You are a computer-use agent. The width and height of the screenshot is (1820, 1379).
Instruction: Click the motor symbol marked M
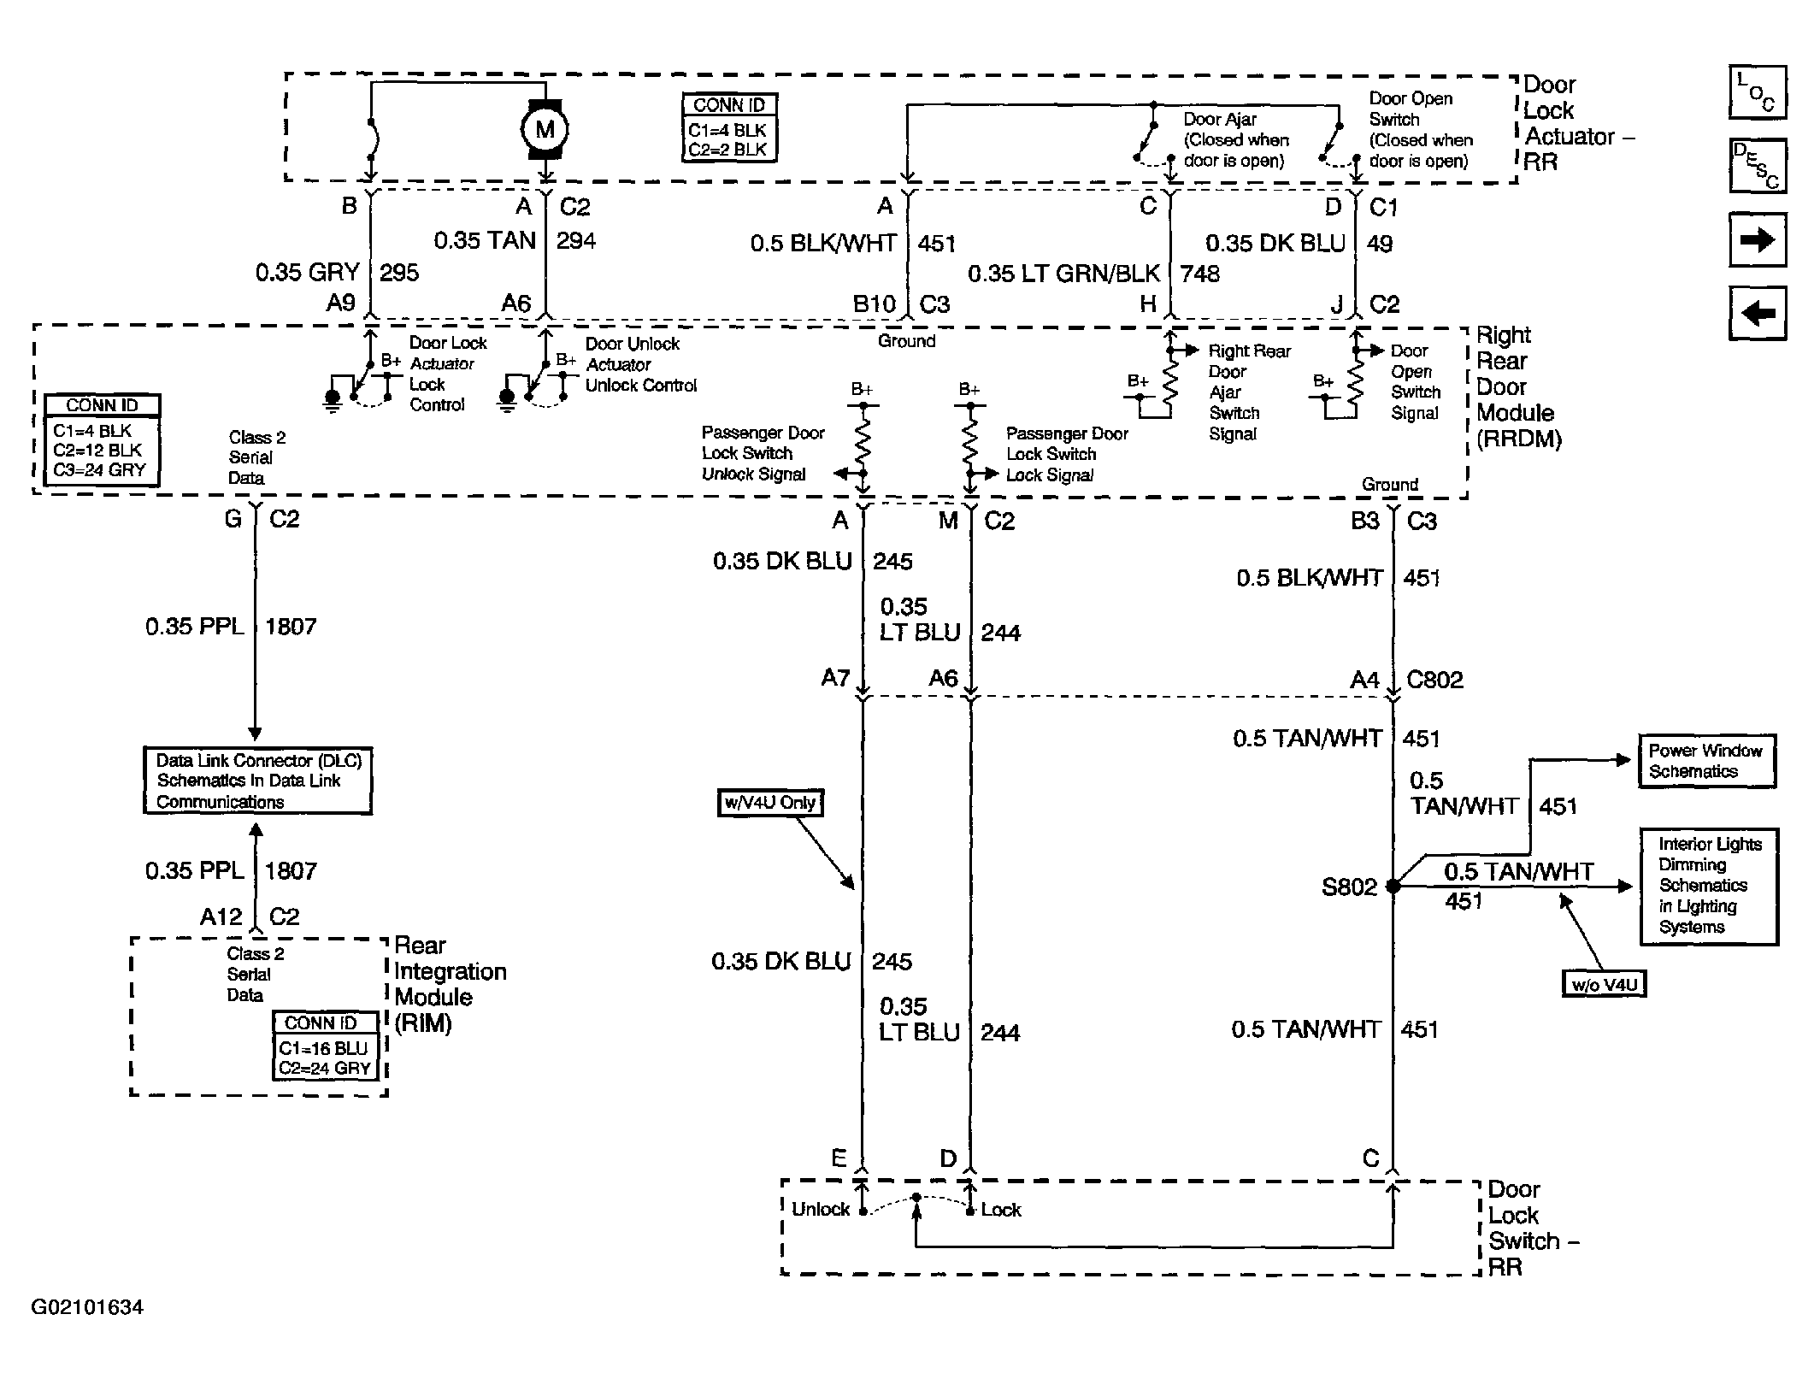pos(545,129)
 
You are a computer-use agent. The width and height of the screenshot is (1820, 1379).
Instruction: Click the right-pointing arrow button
pos(1758,240)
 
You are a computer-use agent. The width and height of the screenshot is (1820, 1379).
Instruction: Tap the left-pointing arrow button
pos(1758,314)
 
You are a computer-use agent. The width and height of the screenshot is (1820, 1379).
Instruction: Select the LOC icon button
pos(1758,92)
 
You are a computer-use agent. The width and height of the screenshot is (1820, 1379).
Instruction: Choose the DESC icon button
pos(1758,166)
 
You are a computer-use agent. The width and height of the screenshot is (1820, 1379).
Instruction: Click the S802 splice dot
pos(1393,886)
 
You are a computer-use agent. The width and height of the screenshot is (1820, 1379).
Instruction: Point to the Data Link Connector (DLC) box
pos(257,781)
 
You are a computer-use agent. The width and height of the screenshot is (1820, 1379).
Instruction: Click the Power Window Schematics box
pos(1706,761)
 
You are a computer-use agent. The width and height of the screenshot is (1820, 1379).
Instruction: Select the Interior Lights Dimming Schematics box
pos(1709,887)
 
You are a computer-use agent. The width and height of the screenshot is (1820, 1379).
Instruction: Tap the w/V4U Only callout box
pos(770,803)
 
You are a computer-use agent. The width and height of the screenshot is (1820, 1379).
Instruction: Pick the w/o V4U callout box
pos(1604,984)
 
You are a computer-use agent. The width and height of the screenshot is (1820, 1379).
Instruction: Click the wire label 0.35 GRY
pos(308,273)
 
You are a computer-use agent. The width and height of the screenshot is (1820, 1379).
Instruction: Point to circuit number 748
pos(1200,274)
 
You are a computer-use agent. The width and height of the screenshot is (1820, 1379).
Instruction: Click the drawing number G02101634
pos(87,1307)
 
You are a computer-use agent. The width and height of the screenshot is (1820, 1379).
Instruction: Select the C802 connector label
pos(1434,681)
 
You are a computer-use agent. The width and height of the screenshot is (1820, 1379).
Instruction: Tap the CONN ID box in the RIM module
pos(327,1046)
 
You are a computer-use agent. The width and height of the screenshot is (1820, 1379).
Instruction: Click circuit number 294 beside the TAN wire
pos(576,240)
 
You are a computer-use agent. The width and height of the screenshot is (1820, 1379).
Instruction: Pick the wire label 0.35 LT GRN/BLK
pos(1063,274)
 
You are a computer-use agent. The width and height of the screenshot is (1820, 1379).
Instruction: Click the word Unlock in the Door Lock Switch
pos(821,1209)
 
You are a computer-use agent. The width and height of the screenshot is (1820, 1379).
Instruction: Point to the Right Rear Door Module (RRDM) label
pos(1519,387)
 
